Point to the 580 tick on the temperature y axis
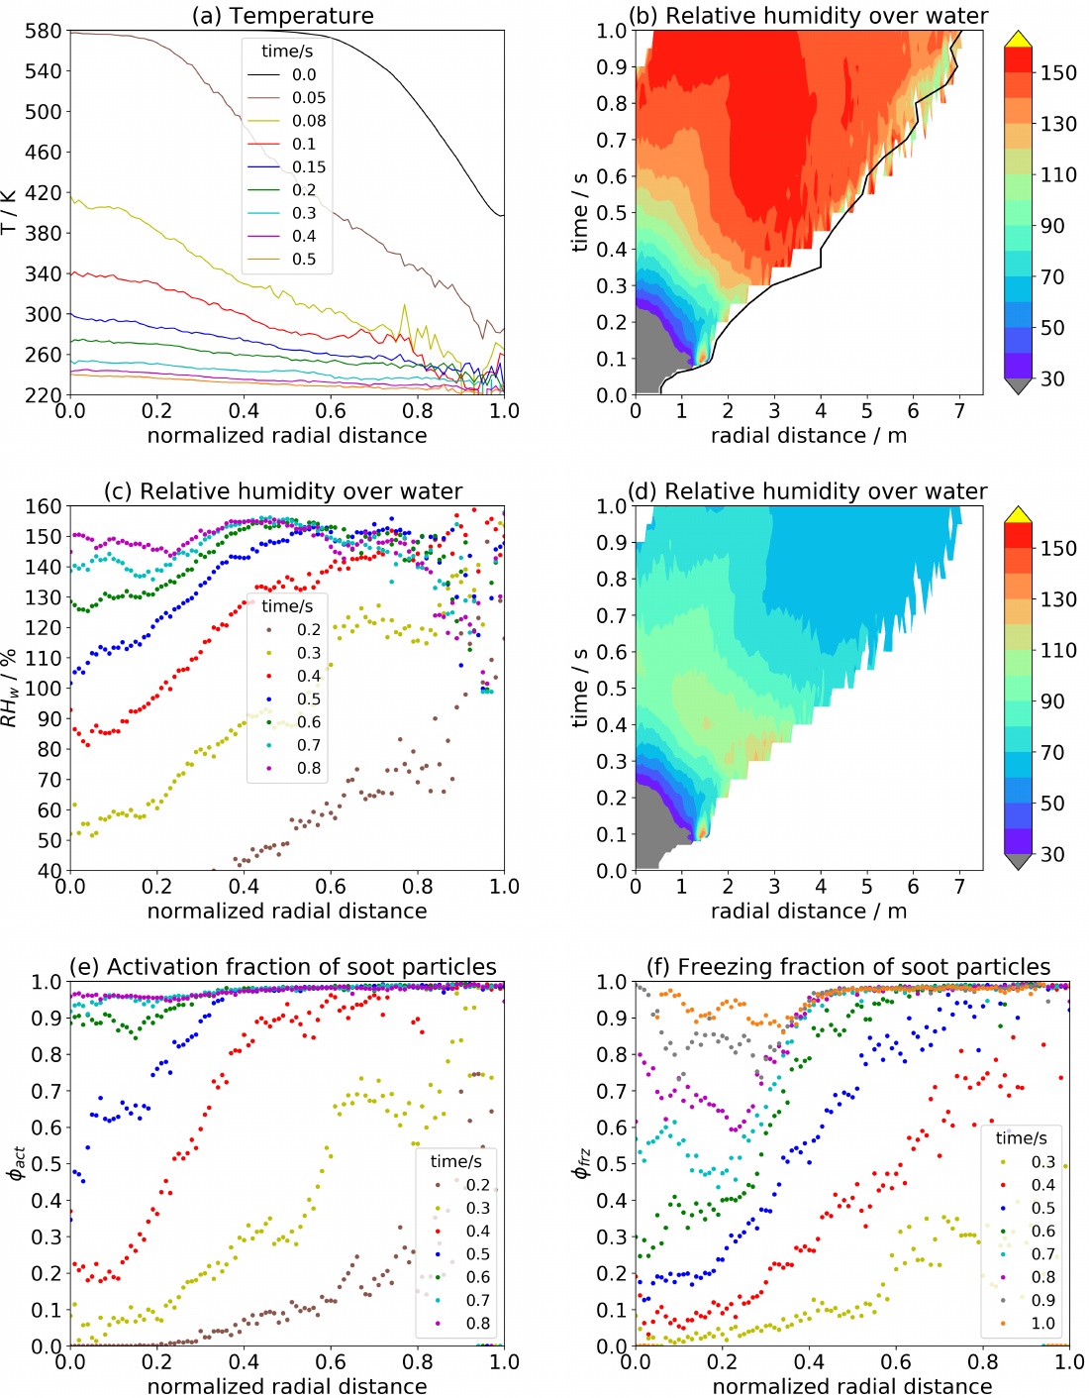tap(44, 31)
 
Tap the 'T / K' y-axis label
tap(10, 212)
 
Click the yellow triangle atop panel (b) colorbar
tap(1018, 39)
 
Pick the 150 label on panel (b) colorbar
tap(1058, 72)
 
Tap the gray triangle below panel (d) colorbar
tap(1018, 862)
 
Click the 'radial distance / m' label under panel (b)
tap(809, 436)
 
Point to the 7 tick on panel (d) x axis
tap(959, 887)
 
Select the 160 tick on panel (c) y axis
tap(44, 506)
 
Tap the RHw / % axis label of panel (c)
tap(10, 688)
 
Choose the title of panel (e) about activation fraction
tap(283, 967)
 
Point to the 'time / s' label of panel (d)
tap(580, 688)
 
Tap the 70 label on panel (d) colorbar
tap(1052, 752)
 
